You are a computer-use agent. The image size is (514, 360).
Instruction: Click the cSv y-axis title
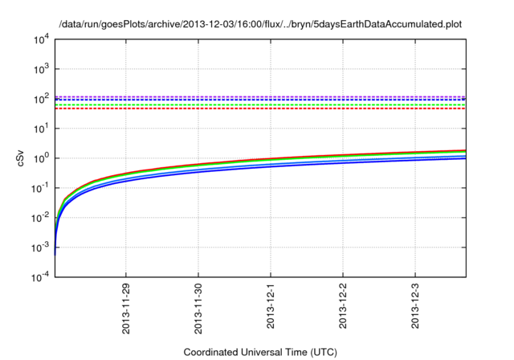pos(21,158)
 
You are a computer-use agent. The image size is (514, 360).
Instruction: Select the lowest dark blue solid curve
pos(321,171)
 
